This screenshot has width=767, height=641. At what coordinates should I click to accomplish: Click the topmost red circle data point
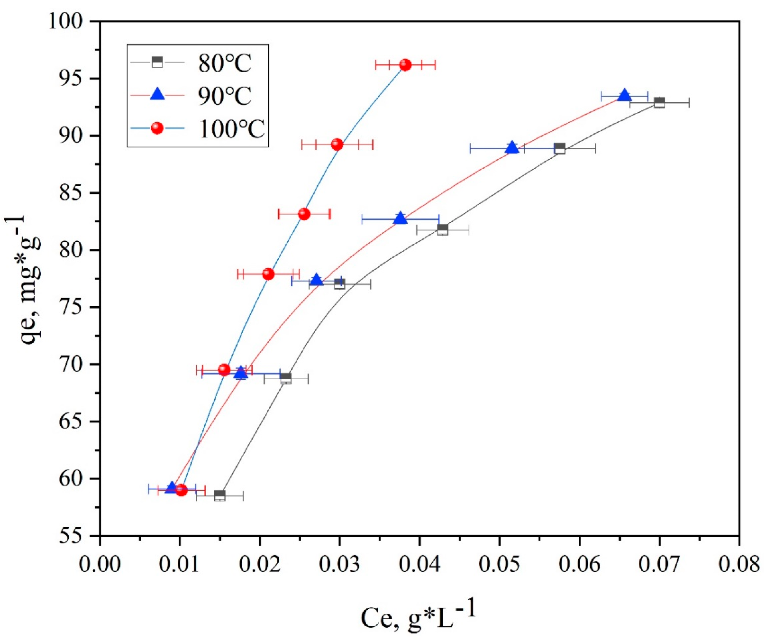point(405,65)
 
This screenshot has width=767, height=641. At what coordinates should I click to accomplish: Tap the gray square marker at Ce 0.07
point(659,103)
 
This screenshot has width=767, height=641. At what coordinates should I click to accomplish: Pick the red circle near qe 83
point(304,214)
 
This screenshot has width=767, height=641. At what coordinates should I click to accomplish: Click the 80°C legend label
point(225,64)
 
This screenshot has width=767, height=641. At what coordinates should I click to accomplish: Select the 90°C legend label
point(225,96)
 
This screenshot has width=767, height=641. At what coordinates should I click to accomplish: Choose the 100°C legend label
point(231,129)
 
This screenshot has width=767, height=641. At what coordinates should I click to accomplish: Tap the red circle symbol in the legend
point(157,128)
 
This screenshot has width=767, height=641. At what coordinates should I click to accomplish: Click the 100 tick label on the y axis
point(70,22)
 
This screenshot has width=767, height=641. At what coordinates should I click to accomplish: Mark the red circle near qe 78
point(268,274)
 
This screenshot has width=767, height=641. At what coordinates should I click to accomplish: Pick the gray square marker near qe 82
point(442,230)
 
